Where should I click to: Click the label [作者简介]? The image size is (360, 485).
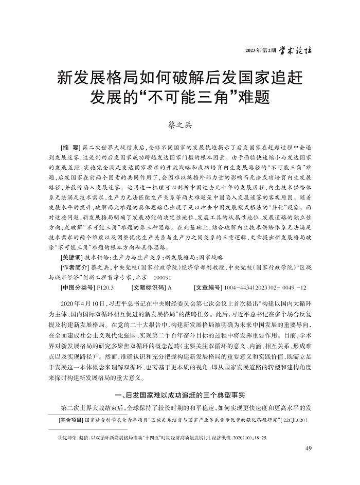click(x=75, y=267)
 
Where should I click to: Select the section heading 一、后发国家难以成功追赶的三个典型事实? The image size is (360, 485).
click(x=179, y=394)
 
